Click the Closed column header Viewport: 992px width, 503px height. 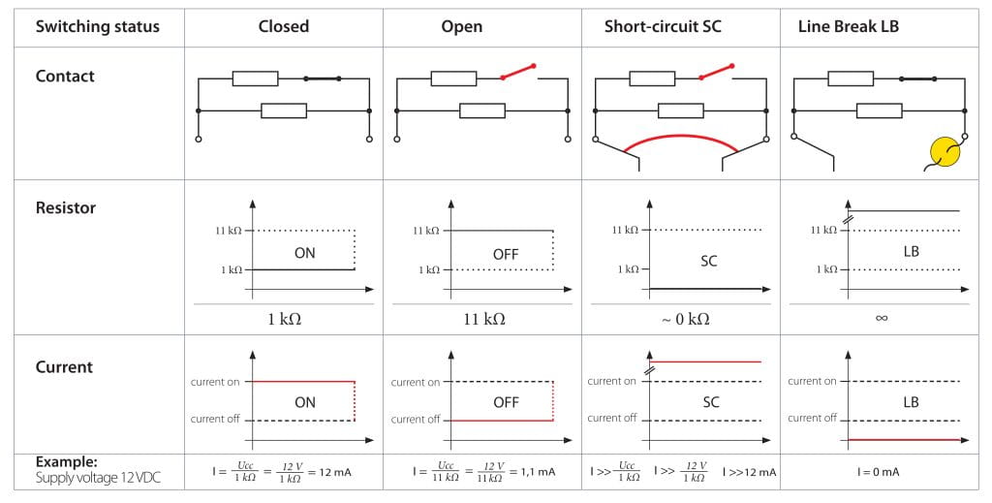(283, 26)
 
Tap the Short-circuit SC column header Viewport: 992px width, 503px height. (663, 26)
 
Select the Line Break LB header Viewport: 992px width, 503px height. (849, 26)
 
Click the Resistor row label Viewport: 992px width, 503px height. (66, 207)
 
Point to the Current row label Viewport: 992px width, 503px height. (64, 366)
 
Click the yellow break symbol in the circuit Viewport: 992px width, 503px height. (945, 153)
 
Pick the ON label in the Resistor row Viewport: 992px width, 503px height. (305, 252)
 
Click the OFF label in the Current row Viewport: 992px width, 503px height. (506, 402)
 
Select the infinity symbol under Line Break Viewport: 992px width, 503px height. (882, 318)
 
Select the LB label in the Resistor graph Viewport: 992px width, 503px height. (910, 252)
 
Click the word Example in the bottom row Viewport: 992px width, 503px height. (67, 462)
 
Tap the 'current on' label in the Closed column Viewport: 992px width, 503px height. (215, 382)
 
